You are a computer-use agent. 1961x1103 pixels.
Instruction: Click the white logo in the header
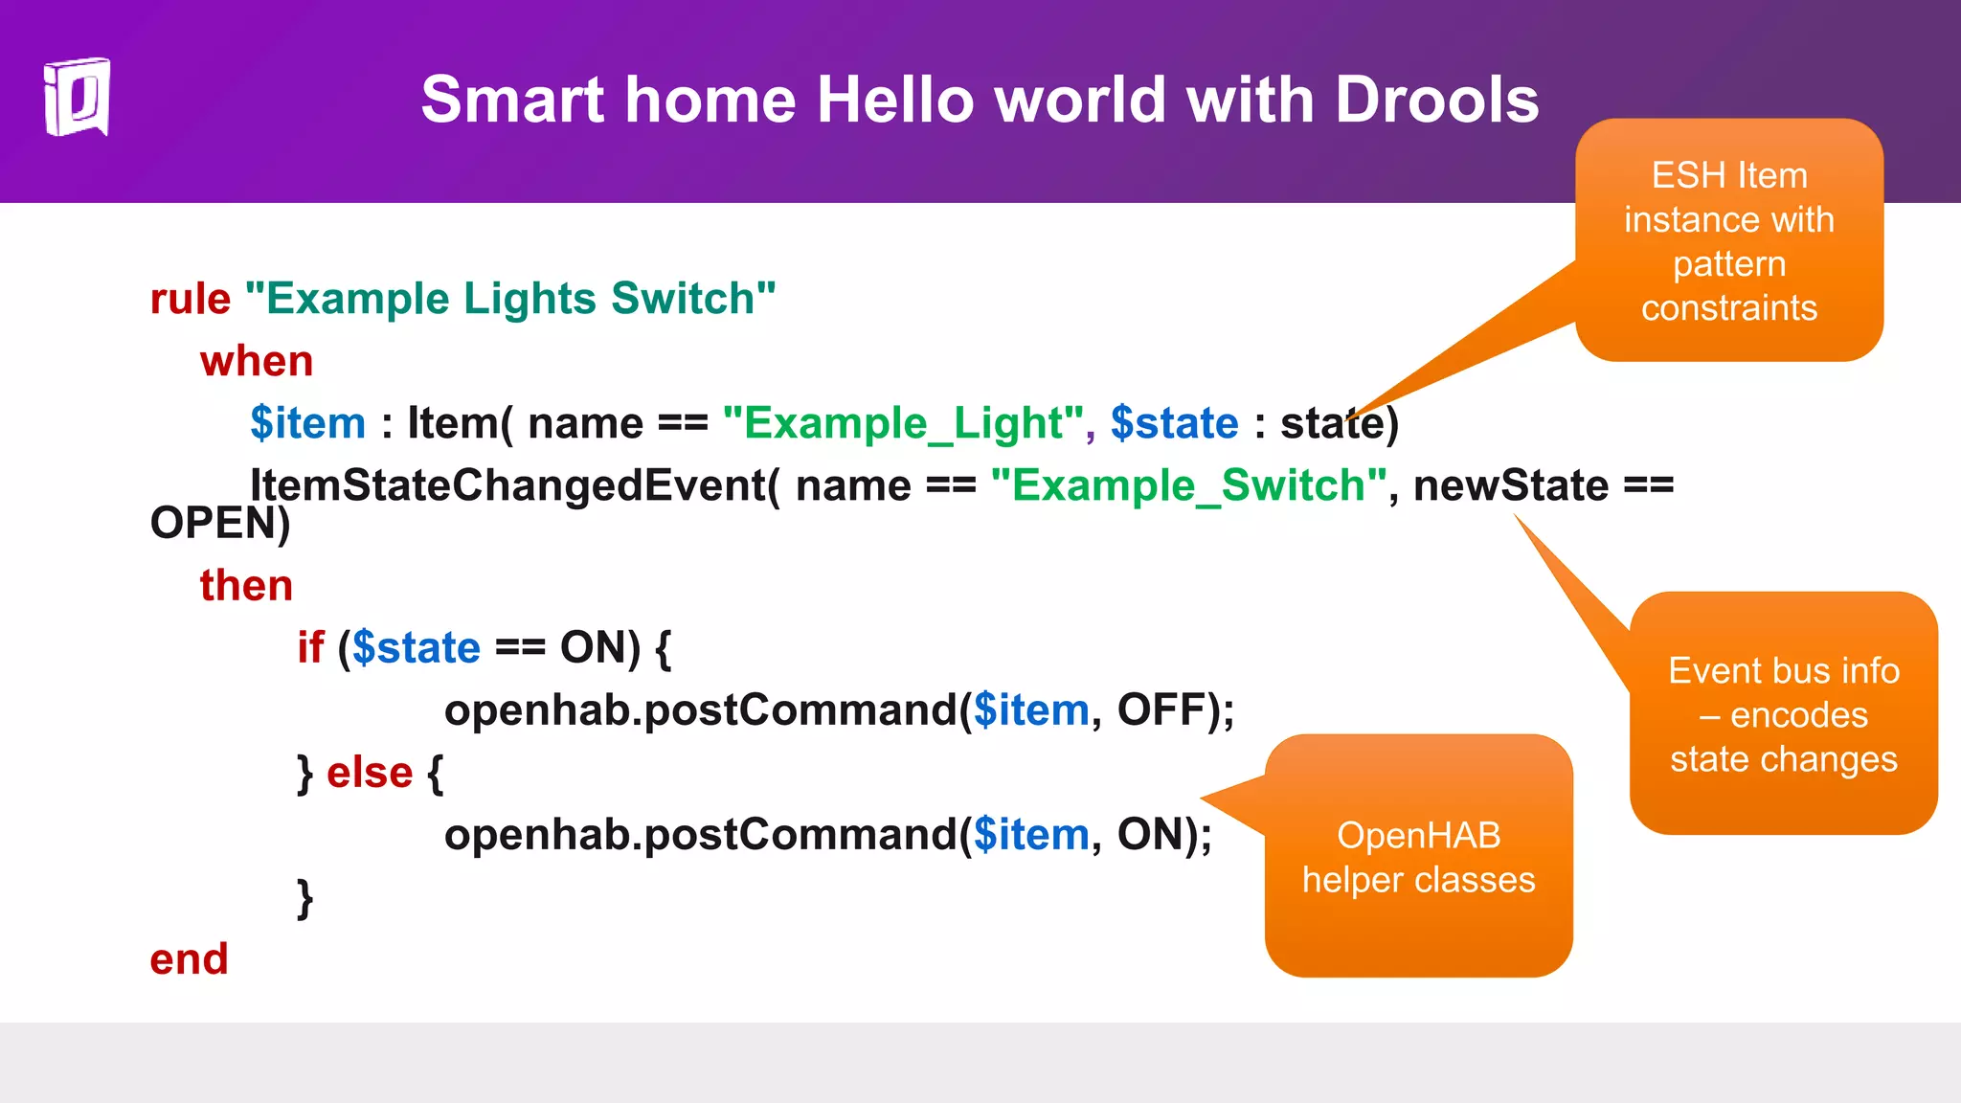pos(77,98)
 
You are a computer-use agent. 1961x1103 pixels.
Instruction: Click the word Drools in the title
pos(1436,100)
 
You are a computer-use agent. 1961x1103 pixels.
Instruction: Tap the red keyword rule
pos(190,300)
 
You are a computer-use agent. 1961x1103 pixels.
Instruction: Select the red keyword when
pos(257,362)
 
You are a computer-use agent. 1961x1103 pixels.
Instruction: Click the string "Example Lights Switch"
pos(510,300)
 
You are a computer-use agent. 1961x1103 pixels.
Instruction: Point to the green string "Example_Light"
pos(903,423)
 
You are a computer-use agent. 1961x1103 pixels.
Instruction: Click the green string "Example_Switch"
pos(1189,485)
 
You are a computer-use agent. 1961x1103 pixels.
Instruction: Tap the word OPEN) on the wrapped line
pos(220,524)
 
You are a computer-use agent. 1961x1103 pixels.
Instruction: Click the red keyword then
pos(246,585)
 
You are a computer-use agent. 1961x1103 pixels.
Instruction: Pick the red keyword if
pos(310,648)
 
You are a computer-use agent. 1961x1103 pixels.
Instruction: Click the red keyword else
pos(370,773)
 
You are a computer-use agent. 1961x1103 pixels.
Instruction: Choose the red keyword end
pos(189,959)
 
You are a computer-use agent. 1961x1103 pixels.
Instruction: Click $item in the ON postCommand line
pos(1031,835)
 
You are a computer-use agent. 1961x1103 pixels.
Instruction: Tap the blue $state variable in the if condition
pos(416,648)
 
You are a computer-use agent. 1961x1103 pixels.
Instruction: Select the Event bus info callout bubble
pos(1783,714)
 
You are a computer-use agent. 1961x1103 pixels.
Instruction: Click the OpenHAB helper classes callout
pos(1418,857)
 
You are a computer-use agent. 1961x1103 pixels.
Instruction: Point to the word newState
pos(1510,485)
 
